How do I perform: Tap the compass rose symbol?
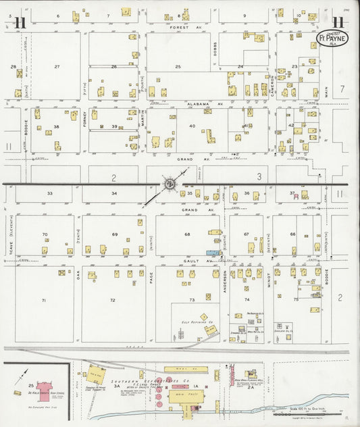point(170,183)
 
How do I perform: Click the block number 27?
point(57,66)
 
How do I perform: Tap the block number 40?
point(192,126)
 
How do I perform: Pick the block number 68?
point(187,234)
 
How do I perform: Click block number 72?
point(113,299)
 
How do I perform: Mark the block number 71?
point(45,299)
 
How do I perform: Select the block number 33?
point(49,193)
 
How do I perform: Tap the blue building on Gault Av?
point(213,253)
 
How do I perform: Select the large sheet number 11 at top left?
point(20,22)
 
